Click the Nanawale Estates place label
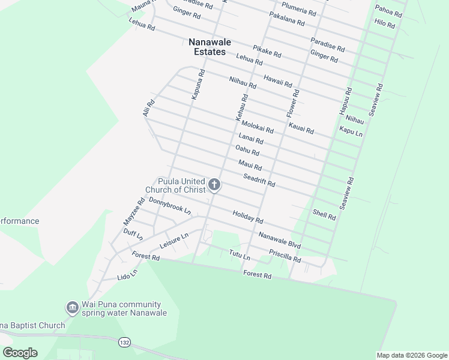click(207, 47)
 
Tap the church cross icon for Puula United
click(214, 185)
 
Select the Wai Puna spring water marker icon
click(72, 308)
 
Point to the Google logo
click(20, 353)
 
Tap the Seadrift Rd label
click(259, 180)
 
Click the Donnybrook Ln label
click(170, 206)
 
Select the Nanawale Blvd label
click(279, 241)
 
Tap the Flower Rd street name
click(293, 103)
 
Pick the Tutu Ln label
click(239, 254)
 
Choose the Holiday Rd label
click(247, 217)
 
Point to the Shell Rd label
click(324, 214)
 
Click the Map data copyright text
click(411, 355)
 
